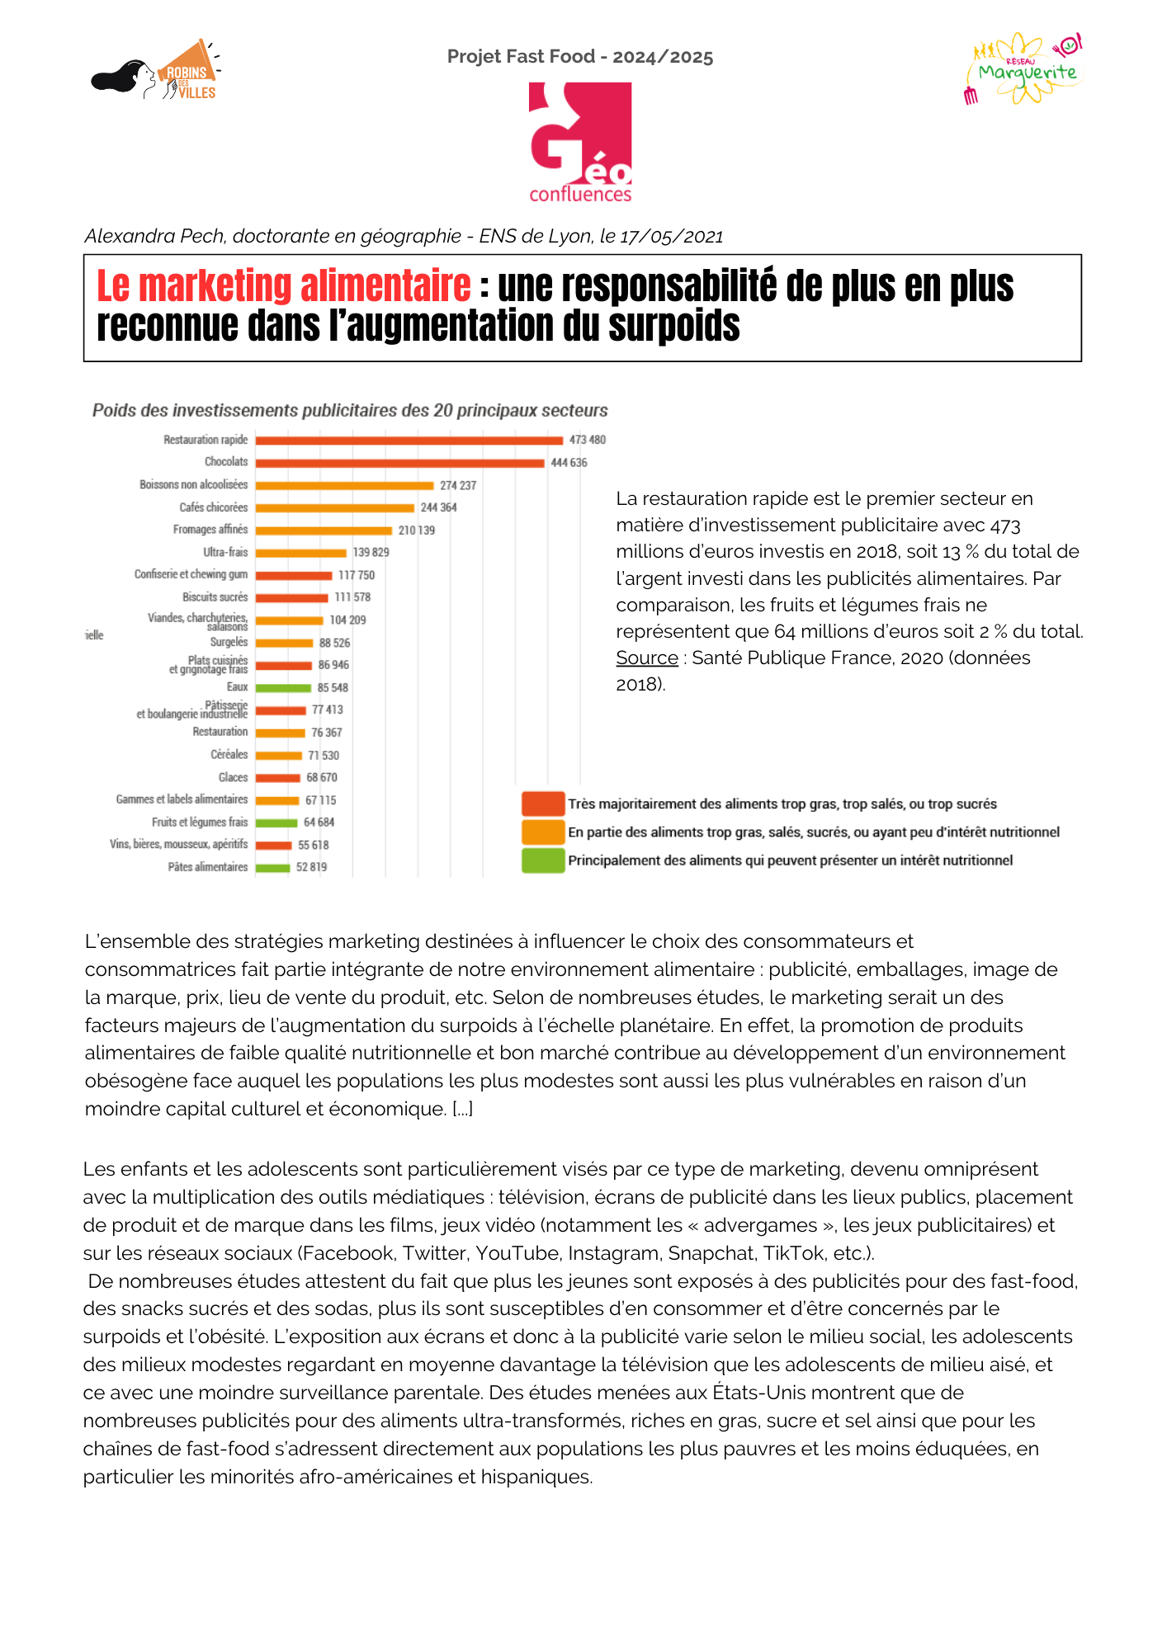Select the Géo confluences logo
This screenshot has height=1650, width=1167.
tap(580, 142)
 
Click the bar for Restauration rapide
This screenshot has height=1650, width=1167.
tap(409, 441)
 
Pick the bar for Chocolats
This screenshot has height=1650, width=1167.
tap(399, 463)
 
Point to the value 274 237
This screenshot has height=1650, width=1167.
tap(458, 486)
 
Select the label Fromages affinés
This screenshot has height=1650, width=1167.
tap(210, 530)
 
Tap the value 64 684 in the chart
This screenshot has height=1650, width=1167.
tap(319, 823)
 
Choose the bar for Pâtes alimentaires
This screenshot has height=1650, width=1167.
tap(272, 867)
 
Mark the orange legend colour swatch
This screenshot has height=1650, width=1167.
tap(543, 832)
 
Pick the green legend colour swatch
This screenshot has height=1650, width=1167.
tap(543, 860)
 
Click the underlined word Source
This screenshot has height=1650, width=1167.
tap(647, 658)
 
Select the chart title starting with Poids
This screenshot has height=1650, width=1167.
tap(350, 411)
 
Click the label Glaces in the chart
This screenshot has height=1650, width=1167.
tap(233, 777)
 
